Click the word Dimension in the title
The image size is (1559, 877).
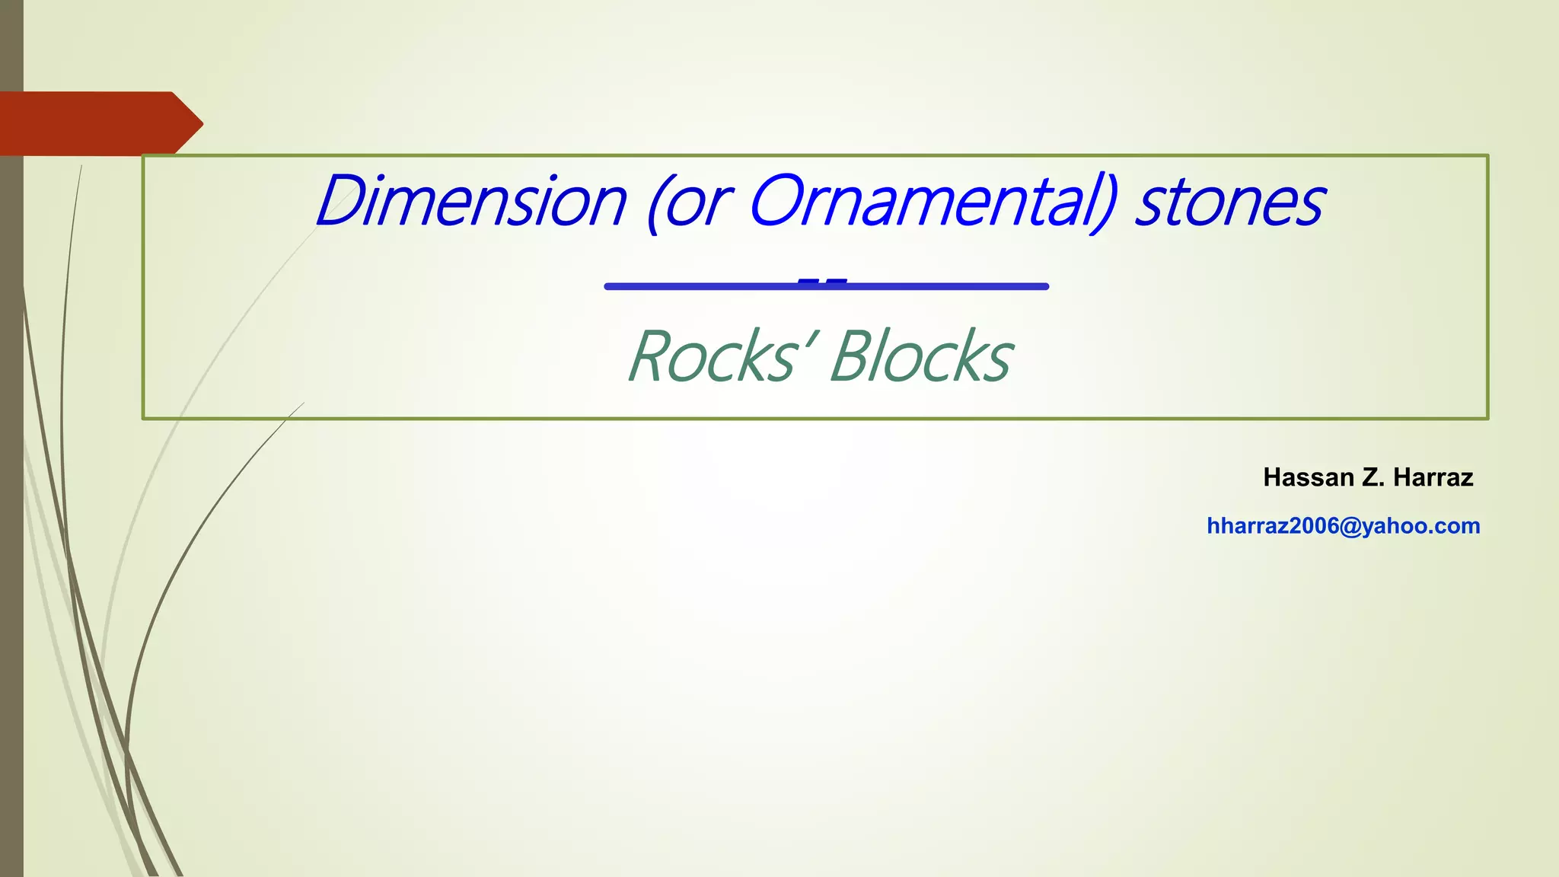(471, 201)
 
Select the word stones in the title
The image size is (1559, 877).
(1229, 203)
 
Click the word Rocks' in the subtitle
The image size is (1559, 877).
(720, 356)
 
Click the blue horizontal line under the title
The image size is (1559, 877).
(827, 286)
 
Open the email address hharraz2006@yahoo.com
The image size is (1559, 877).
(1344, 526)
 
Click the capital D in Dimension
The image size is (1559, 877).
(340, 201)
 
